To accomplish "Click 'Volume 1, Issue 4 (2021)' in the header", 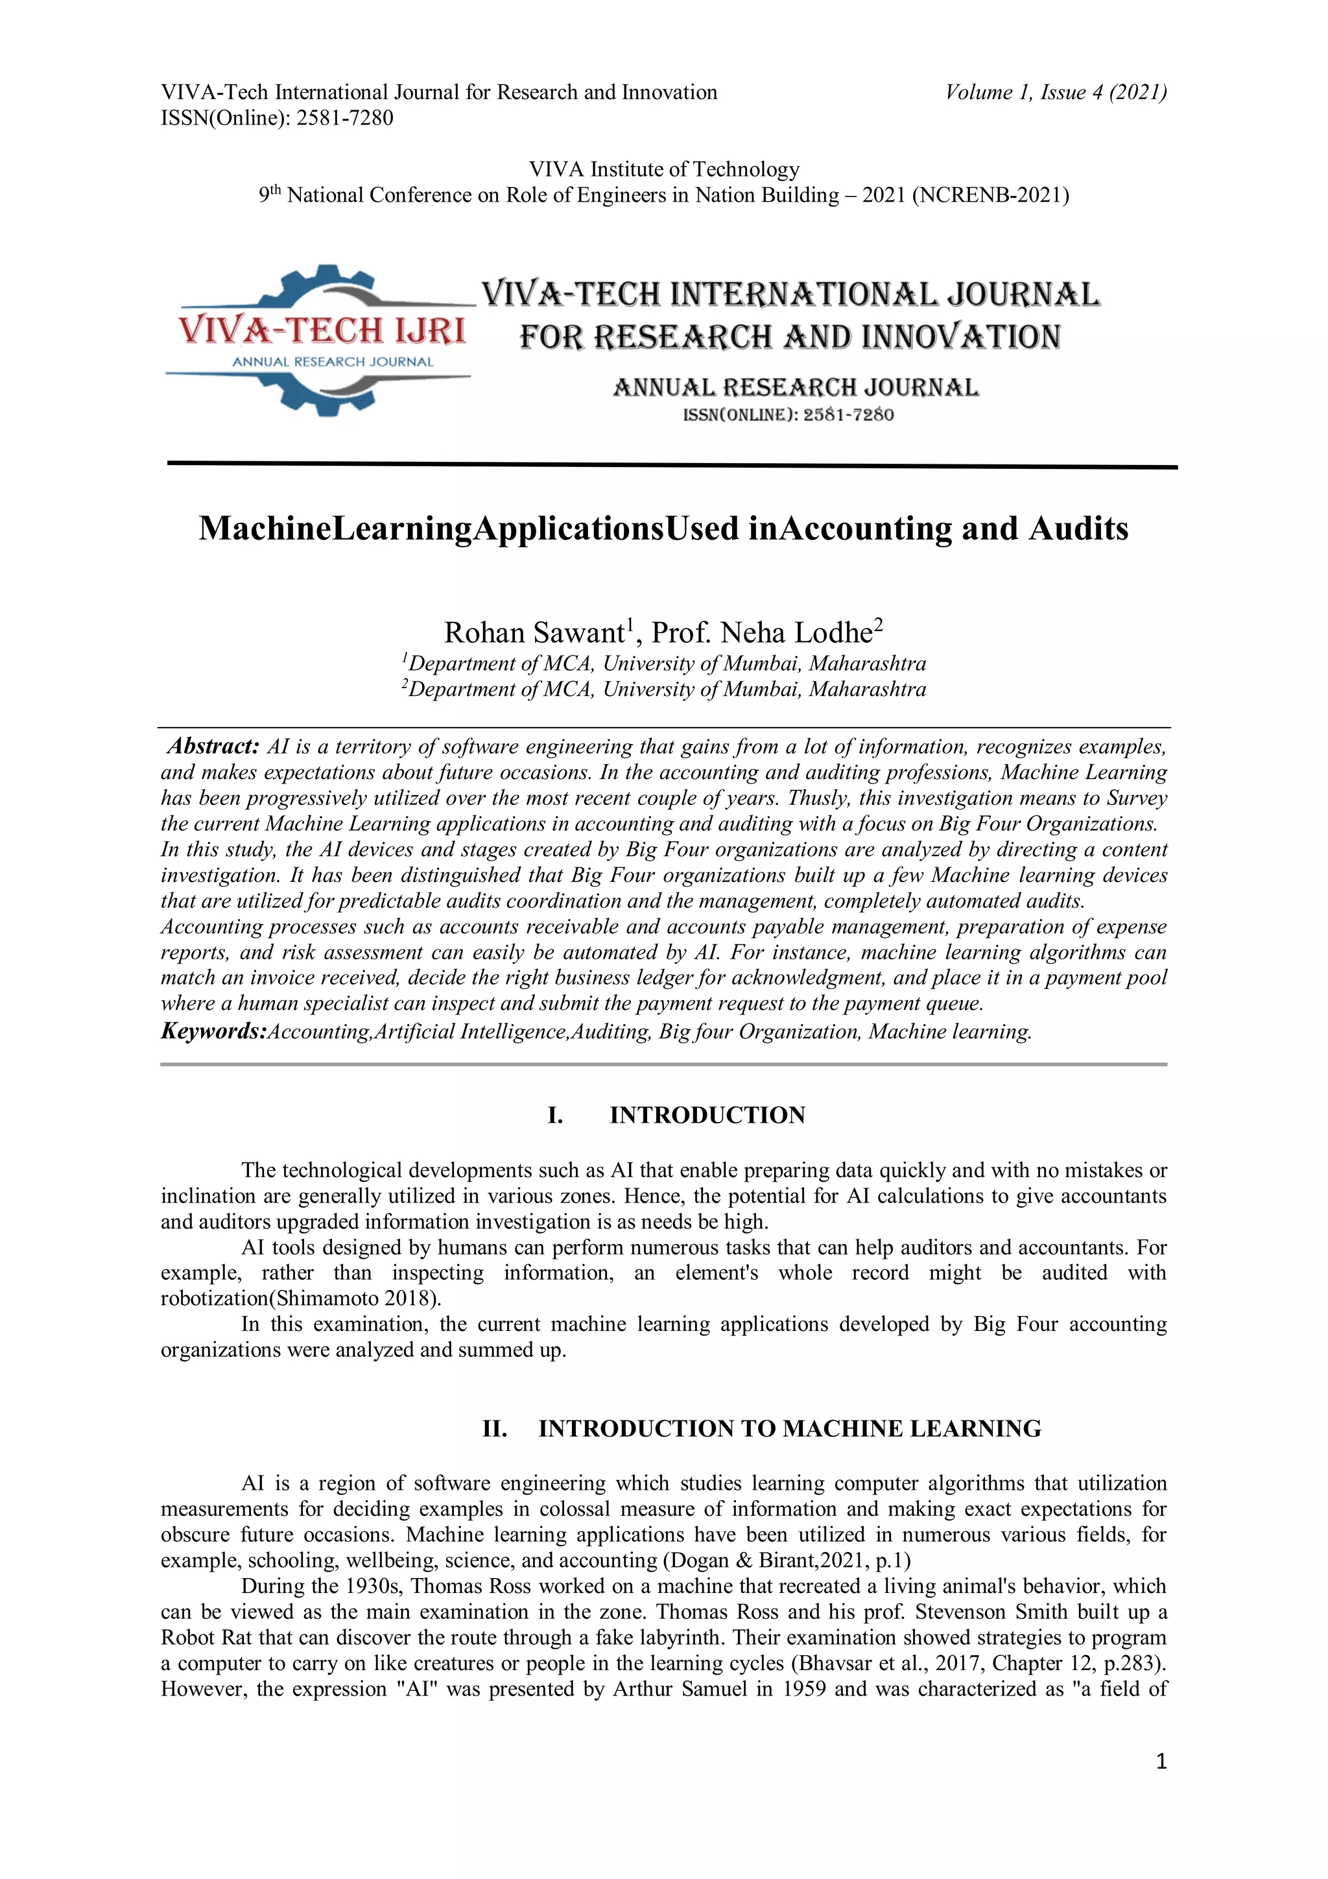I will point(1056,93).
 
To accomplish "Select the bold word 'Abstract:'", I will point(213,747).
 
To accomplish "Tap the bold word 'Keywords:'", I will point(213,1031).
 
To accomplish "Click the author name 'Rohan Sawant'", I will point(534,632).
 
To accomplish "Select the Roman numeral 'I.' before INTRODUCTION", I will point(555,1116).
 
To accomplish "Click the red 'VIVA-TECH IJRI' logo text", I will point(322,331).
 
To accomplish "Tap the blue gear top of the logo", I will point(326,282).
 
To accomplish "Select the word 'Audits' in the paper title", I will point(1078,529).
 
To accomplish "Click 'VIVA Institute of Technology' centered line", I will point(663,169).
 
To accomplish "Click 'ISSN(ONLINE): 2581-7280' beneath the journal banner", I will point(788,415).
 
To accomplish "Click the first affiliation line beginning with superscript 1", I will point(663,663).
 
